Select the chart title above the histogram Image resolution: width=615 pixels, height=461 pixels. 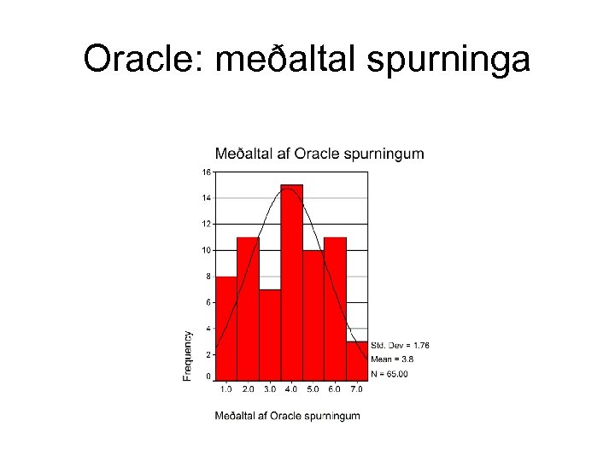pos(319,154)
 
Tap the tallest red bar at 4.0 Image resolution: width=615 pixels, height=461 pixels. pos(291,282)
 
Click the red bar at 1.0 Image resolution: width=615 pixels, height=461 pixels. pos(226,329)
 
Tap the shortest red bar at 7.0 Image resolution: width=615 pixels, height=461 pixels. pos(357,361)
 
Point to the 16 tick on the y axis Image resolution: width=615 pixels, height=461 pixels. pos(206,172)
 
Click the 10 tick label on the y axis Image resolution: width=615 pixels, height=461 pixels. pos(206,250)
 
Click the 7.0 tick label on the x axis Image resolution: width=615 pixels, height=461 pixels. pos(356,389)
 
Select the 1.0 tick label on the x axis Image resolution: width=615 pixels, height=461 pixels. pos(226,389)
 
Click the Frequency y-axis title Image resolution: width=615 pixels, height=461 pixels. pos(187,355)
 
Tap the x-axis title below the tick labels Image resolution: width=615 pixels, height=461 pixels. pos(287,416)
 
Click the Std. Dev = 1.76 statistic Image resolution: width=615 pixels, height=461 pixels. pos(401,345)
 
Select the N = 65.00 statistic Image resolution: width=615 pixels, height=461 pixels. pos(389,373)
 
